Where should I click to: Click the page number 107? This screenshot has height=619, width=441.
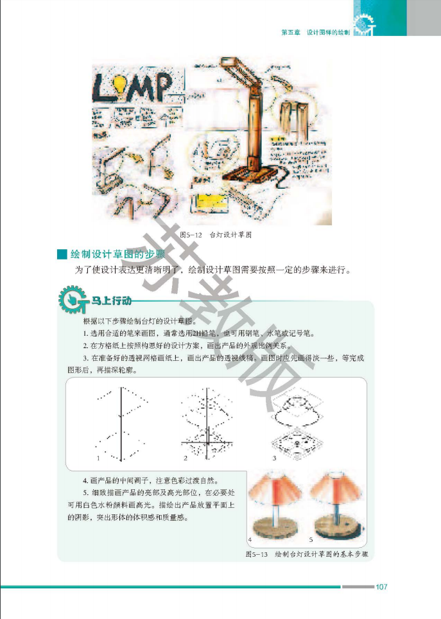pos(381,586)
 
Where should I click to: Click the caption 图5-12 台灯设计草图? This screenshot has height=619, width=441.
pos(216,235)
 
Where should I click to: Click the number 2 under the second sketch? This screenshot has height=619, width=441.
pos(185,458)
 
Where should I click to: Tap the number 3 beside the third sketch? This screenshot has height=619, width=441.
pos(274,458)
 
